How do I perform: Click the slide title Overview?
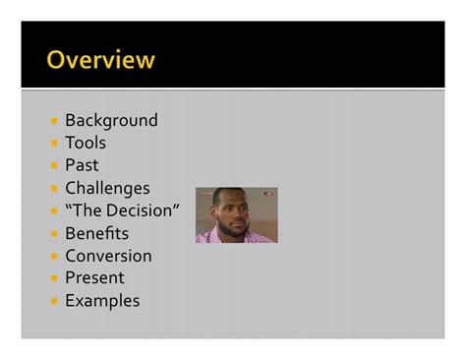tap(100, 60)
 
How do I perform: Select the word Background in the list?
tap(111, 120)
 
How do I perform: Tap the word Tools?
tap(86, 143)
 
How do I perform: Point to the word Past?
tap(82, 165)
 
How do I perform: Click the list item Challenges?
tap(107, 188)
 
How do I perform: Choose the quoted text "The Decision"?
tap(122, 210)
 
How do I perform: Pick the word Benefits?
tap(96, 233)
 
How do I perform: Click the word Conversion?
tap(108, 256)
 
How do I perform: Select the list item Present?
tap(94, 278)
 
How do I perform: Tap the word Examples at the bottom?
tap(102, 301)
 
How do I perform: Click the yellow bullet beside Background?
tap(55, 121)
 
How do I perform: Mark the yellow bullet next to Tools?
tap(55, 144)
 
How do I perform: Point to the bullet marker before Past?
tap(55, 166)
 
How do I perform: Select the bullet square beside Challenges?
tap(55, 189)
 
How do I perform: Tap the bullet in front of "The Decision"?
tap(55, 211)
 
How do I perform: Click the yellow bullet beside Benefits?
tap(55, 234)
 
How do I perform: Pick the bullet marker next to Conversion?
tap(55, 257)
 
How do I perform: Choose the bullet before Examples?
tap(55, 302)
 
